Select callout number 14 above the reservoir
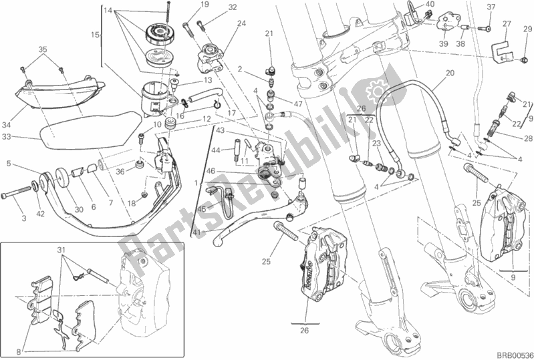coord(109,11)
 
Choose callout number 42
coord(41,214)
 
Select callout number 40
coord(430,5)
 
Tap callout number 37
coord(491,7)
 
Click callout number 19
coord(186,5)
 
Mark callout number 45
coord(201,208)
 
